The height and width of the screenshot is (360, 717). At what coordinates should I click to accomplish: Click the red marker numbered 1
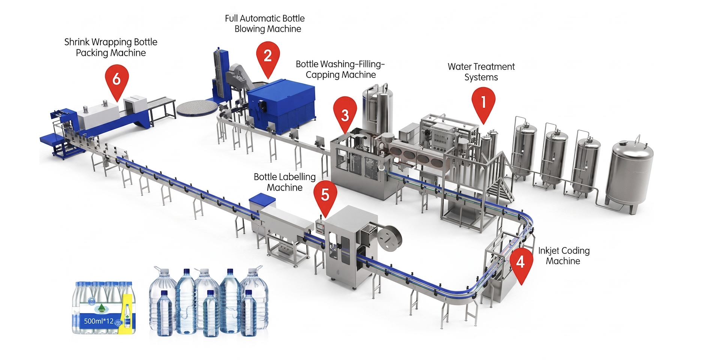click(x=483, y=103)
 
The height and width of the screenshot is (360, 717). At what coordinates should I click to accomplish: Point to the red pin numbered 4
click(x=520, y=264)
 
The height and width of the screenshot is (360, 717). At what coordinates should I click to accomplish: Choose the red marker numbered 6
click(x=117, y=81)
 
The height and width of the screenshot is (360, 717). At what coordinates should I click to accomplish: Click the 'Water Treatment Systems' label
click(x=481, y=72)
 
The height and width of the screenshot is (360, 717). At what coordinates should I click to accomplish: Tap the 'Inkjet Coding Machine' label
click(x=564, y=256)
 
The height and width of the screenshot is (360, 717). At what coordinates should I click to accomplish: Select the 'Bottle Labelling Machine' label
click(x=285, y=182)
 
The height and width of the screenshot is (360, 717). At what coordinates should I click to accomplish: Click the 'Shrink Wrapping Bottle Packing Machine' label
click(x=111, y=47)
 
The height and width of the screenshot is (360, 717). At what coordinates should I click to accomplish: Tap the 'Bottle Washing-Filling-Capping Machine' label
click(x=340, y=69)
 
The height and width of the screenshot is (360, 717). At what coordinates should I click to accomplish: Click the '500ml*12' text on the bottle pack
click(x=99, y=321)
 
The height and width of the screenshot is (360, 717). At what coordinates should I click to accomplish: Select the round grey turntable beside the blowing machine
click(x=197, y=108)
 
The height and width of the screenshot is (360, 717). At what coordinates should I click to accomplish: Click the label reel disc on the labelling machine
click(x=389, y=237)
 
